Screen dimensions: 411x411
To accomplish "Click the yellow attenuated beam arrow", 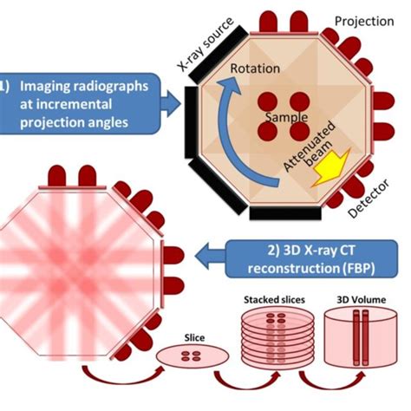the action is (x=331, y=168).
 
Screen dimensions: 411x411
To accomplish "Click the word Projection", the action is (x=364, y=22).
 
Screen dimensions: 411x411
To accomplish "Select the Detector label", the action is (x=369, y=198).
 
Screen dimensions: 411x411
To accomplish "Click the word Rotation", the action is (x=255, y=68).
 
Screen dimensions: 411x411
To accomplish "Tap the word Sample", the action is (x=286, y=117).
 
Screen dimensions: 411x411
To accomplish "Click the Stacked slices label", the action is (x=274, y=300).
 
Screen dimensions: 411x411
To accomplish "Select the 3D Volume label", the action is (x=362, y=300).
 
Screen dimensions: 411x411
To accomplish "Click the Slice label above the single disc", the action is (x=194, y=337).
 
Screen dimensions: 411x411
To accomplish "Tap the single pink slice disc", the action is (x=192, y=356).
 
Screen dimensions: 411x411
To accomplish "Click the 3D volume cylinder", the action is (x=361, y=338).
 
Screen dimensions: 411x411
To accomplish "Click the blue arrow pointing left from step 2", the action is (x=211, y=256).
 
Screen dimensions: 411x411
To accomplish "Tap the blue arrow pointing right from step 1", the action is (x=171, y=103).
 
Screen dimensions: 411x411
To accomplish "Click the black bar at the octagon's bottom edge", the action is (x=285, y=213).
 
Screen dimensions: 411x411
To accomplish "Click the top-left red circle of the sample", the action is (x=267, y=101).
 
